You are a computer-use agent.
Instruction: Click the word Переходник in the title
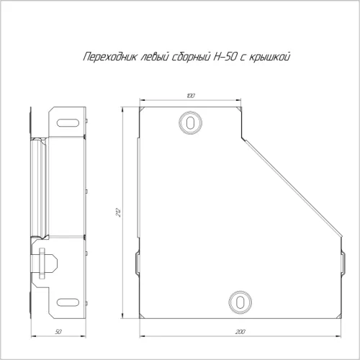(111, 57)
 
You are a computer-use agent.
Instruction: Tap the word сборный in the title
(191, 57)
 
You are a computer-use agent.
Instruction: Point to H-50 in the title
(225, 56)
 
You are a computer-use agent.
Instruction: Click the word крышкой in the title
(269, 56)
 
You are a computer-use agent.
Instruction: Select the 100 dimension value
(191, 96)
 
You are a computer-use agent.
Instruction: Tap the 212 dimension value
(118, 213)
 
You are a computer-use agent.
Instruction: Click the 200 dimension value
(240, 332)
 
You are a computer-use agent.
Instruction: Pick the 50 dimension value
(58, 332)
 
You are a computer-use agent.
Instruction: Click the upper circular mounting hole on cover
(190, 122)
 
